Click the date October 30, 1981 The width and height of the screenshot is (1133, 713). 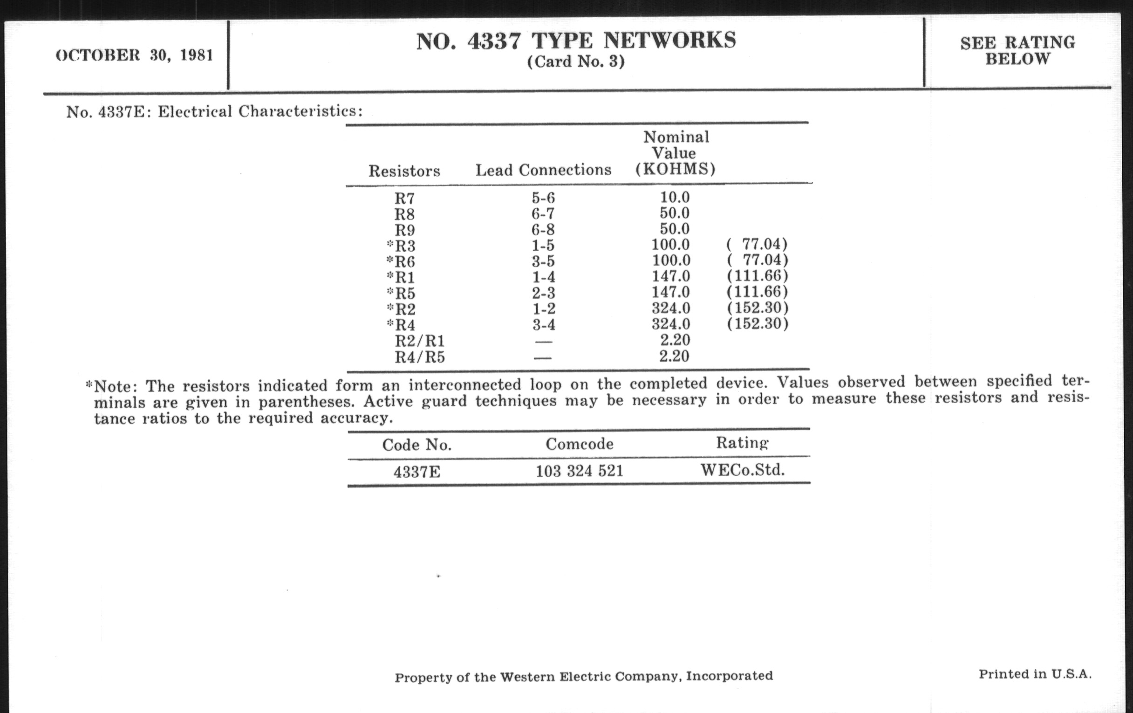tap(134, 55)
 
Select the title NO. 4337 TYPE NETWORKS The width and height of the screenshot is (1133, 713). tap(576, 41)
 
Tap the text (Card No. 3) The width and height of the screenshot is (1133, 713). tap(576, 62)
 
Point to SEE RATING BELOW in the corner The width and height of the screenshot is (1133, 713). tap(1018, 51)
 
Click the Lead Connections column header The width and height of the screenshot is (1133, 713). tap(544, 170)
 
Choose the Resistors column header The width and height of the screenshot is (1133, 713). tap(404, 171)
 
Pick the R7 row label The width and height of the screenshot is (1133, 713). tap(405, 199)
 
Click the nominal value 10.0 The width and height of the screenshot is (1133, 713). tap(674, 197)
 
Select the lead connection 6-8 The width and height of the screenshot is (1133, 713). tap(544, 230)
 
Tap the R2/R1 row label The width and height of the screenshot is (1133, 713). tap(419, 341)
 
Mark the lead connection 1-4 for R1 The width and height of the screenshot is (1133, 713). tap(544, 277)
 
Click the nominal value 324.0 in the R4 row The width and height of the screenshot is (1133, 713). tap(670, 324)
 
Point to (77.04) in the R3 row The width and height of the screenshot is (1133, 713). tap(757, 244)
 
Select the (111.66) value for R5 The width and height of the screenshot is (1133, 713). tap(757, 292)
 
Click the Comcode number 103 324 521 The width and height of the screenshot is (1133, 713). tap(579, 471)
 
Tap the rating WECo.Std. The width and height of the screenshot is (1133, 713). tap(743, 470)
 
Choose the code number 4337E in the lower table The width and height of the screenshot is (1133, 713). tap(417, 472)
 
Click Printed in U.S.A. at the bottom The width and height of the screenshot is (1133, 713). tap(1035, 674)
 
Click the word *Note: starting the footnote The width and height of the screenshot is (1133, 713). tap(111, 386)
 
